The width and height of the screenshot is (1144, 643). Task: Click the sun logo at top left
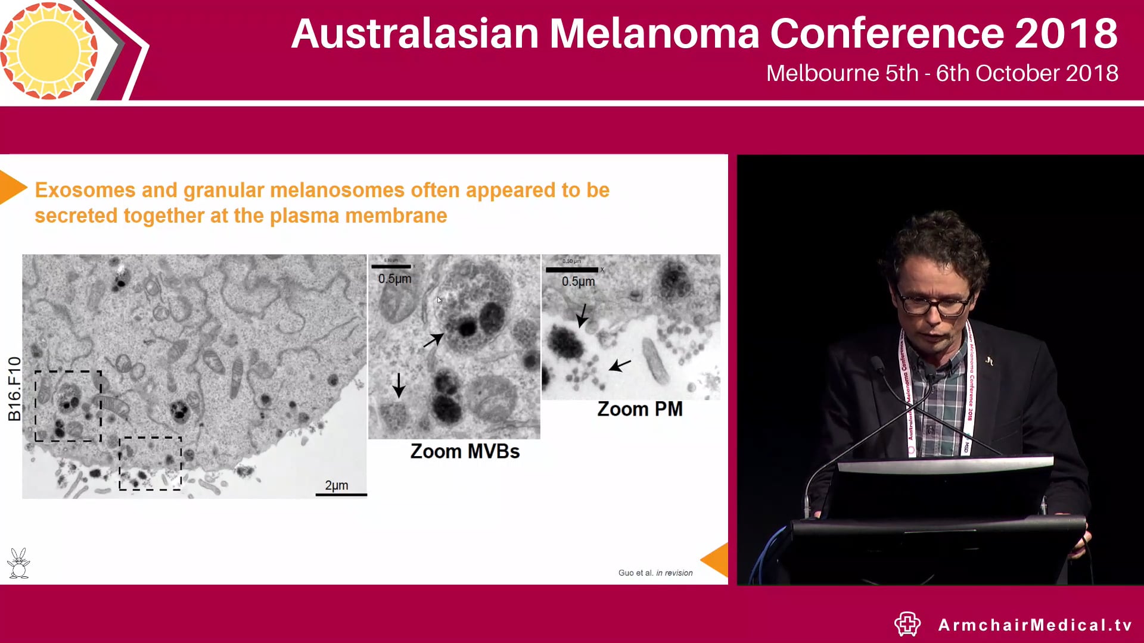[x=49, y=50]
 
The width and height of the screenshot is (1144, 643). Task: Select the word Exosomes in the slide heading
[x=85, y=190]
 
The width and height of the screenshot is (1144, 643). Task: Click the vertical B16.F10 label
[x=14, y=388]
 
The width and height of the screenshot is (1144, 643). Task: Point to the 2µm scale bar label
[x=337, y=485]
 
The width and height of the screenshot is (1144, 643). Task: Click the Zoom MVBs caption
[x=465, y=451]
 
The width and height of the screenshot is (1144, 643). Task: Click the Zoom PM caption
[x=639, y=409]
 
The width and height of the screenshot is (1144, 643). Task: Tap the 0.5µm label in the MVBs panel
[x=394, y=279]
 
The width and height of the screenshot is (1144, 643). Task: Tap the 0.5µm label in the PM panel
[x=578, y=281]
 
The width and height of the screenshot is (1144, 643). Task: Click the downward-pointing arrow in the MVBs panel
[x=399, y=385]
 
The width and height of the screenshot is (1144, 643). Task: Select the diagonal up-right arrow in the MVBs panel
[x=433, y=340]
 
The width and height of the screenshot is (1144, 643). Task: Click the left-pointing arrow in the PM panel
[x=620, y=364]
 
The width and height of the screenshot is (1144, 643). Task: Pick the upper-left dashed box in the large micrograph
[x=68, y=406]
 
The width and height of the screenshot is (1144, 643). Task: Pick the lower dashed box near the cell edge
[x=150, y=463]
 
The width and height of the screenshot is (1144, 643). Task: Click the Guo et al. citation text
[x=655, y=573]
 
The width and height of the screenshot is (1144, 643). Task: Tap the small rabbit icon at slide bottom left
[x=18, y=563]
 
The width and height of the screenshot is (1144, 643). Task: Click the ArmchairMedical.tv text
[x=1034, y=625]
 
